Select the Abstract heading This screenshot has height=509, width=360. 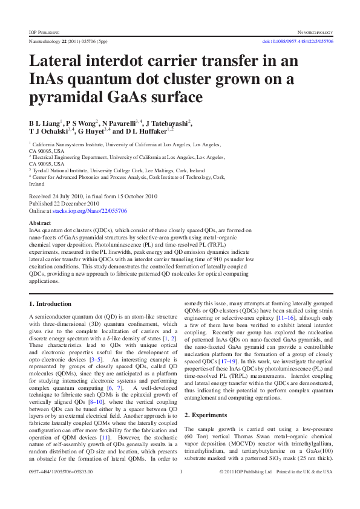pos(41,223)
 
